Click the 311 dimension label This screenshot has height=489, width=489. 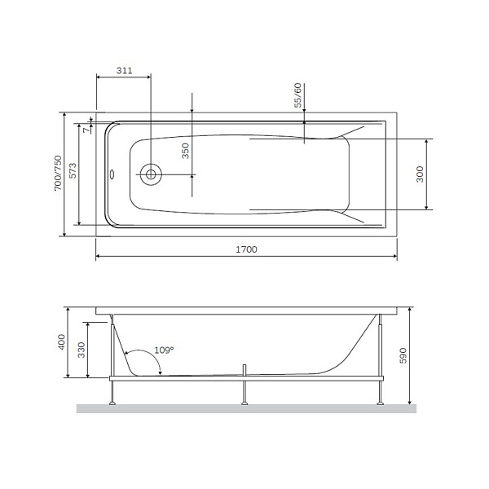[123, 71]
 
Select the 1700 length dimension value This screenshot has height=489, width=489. [244, 249]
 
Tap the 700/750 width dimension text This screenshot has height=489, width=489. [57, 174]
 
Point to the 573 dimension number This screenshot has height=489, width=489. [73, 171]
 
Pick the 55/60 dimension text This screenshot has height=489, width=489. [298, 95]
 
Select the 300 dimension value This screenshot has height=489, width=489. [420, 174]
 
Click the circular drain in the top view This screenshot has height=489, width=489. [150, 173]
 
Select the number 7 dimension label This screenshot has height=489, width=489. [86, 129]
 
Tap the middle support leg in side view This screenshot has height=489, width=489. [244, 391]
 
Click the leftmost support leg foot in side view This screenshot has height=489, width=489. [111, 401]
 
